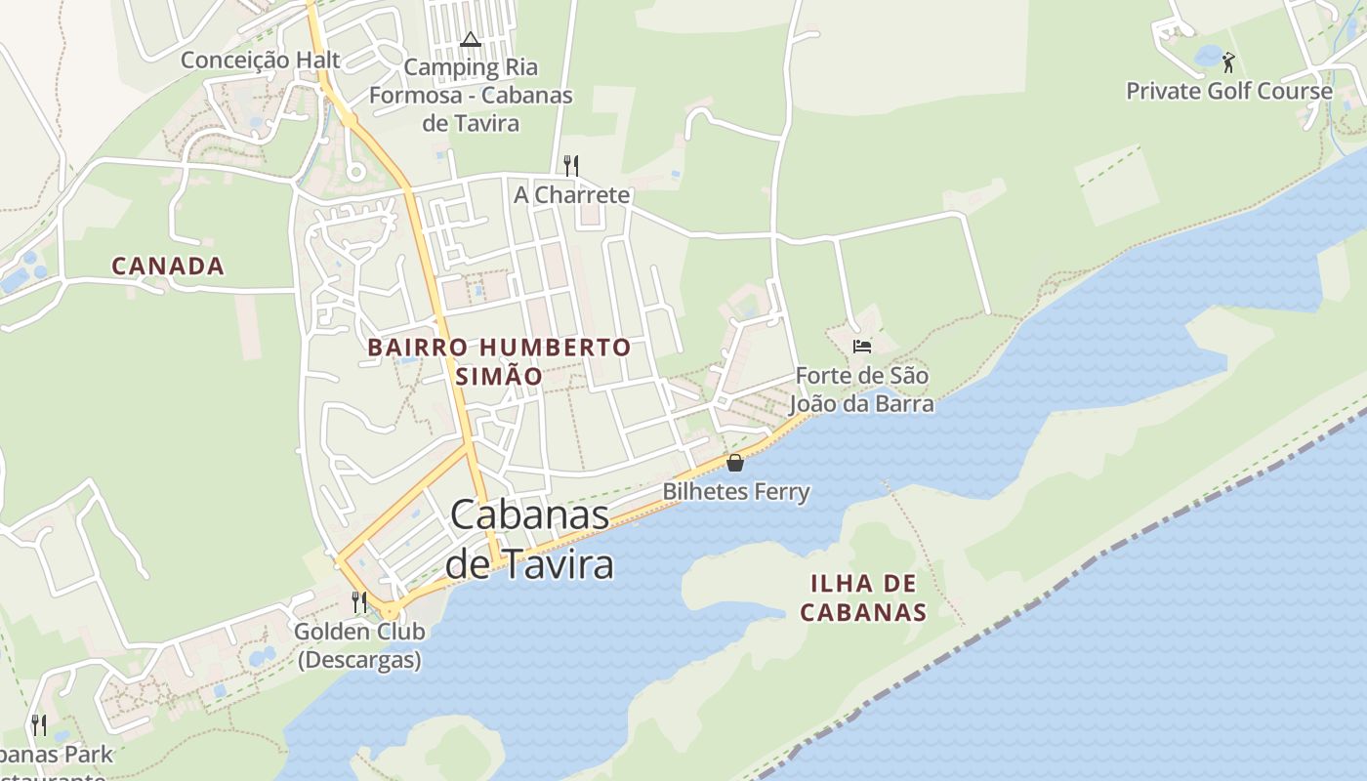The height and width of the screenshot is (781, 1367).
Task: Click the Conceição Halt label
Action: click(260, 61)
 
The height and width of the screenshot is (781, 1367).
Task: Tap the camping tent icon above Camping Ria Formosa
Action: click(471, 40)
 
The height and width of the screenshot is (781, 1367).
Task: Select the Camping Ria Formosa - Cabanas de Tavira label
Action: click(471, 96)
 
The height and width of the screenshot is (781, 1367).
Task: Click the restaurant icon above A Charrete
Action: click(571, 165)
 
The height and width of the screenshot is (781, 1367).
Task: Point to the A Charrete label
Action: click(572, 195)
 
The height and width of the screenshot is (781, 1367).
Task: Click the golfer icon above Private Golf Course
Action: click(1228, 62)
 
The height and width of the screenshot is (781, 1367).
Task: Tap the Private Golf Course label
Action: click(1228, 92)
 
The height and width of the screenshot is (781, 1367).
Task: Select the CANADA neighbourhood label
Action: click(168, 266)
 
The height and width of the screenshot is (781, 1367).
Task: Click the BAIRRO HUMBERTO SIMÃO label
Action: click(499, 361)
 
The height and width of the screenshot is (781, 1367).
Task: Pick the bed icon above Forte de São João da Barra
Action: click(861, 347)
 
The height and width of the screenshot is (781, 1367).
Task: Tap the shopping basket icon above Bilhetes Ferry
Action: click(735, 463)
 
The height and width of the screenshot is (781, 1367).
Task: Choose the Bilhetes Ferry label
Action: click(736, 491)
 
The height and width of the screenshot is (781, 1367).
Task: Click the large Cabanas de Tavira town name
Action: click(530, 540)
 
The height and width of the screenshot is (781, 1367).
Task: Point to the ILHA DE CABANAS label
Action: click(863, 597)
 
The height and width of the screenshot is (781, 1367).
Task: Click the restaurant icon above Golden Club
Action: click(359, 601)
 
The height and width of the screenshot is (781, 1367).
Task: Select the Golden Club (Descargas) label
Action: click(359, 645)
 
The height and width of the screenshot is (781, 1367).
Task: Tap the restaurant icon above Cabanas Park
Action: click(39, 724)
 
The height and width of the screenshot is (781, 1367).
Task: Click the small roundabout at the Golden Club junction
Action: click(390, 611)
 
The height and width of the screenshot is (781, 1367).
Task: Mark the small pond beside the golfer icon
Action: click(1209, 57)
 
